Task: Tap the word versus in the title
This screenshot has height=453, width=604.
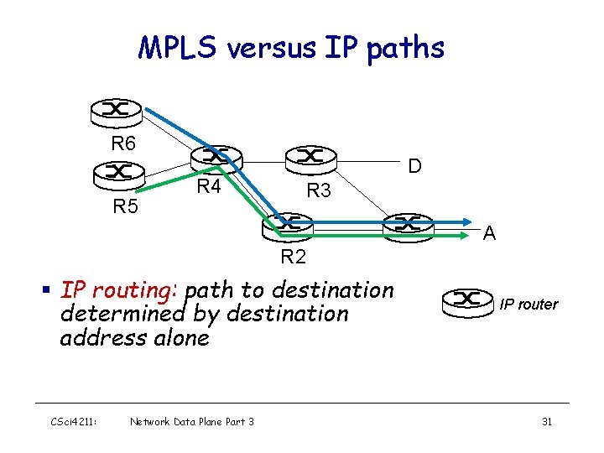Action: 273,48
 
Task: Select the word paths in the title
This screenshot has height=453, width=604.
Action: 405,48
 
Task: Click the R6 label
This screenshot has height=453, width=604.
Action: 123,143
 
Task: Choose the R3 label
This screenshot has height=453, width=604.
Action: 319,190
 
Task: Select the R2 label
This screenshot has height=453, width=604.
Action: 293,256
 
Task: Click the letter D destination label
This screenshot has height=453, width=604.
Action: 414,167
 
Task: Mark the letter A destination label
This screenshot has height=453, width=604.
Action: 491,234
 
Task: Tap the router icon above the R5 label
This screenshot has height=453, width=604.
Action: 119,172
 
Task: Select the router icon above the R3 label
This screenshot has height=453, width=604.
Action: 310,156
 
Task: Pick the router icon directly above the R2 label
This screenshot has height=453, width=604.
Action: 288,224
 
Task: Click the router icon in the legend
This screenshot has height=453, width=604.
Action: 467,299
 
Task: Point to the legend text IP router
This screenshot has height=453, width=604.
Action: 528,304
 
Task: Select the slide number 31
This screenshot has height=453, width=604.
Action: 546,421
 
